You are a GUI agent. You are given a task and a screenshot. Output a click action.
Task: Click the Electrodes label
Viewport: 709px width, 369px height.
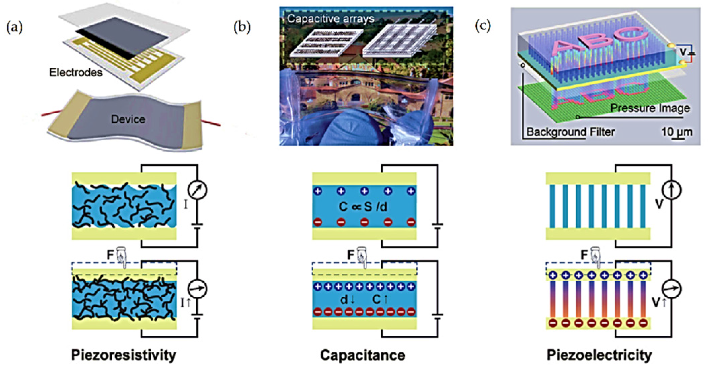point(76,72)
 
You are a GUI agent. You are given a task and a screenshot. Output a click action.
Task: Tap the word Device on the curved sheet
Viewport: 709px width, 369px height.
point(128,119)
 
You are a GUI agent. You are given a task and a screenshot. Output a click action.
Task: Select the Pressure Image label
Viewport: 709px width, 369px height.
point(650,108)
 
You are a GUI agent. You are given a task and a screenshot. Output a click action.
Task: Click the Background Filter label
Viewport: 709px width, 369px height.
point(571,132)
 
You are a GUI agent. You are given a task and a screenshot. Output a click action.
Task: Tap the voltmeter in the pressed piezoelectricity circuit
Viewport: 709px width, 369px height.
point(672,289)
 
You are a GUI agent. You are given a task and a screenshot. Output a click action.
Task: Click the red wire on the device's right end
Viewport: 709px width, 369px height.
point(211,123)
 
